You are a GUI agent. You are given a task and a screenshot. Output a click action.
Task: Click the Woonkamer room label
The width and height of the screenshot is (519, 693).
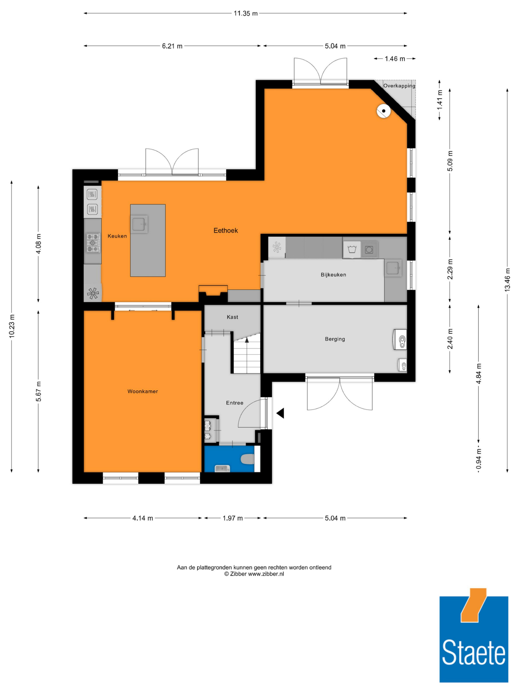coord(142,391)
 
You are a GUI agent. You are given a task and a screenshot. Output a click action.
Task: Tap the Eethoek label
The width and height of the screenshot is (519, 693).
coord(226,230)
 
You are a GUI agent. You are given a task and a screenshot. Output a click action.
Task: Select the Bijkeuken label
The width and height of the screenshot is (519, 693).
coord(333,275)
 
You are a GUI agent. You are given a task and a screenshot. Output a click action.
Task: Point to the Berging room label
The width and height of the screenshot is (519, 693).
coord(335,339)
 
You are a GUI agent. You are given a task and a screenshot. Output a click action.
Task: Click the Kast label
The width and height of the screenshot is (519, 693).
coord(233,317)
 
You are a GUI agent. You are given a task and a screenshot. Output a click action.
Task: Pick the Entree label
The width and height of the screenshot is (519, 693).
coord(235,403)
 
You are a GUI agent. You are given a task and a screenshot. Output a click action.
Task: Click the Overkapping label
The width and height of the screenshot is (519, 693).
coord(399,85)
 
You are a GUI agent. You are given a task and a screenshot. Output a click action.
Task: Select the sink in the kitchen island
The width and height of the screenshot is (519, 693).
coord(139,224)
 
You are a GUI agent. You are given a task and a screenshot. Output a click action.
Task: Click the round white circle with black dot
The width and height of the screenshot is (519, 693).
coord(384,111)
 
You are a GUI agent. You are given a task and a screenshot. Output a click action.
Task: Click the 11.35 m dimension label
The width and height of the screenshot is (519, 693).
coord(245,14)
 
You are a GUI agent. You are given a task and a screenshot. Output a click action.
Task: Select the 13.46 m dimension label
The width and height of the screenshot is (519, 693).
coord(507,280)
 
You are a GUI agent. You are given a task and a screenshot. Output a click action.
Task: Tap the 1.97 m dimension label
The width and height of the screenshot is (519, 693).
coord(233,518)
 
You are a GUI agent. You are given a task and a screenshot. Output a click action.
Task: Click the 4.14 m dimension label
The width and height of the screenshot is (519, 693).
coord(143,518)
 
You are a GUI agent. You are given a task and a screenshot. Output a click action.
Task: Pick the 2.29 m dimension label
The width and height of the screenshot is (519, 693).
coord(450,269)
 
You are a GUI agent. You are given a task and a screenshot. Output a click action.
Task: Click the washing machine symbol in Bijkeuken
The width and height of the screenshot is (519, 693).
coord(352,250)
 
